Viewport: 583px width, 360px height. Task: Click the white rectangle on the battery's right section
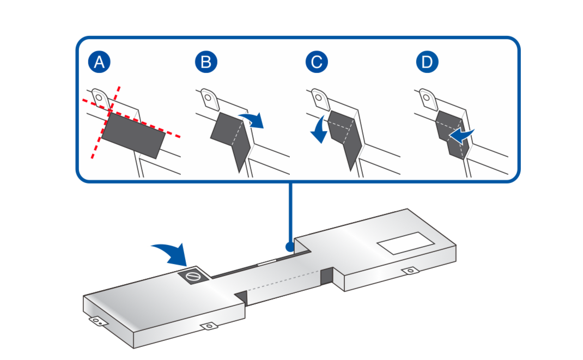405,242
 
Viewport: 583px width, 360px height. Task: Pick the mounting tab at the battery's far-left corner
96,321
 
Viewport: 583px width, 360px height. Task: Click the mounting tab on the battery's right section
408,271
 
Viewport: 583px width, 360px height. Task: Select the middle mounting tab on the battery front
208,326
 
